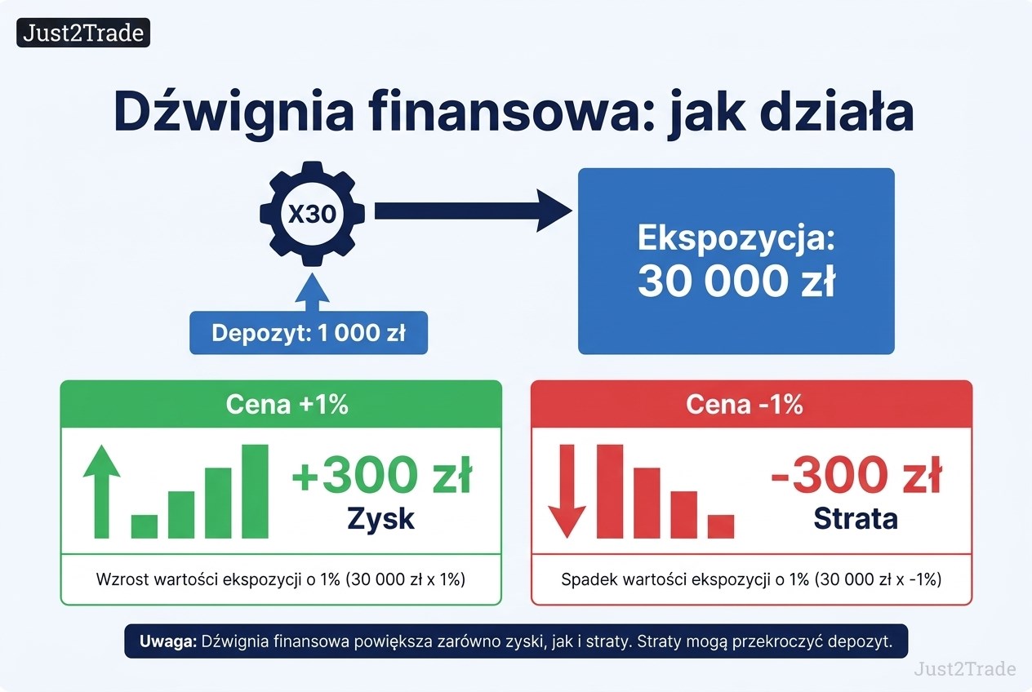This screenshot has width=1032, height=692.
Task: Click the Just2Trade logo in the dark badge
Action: click(x=83, y=33)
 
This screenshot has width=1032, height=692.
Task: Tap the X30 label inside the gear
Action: click(x=312, y=214)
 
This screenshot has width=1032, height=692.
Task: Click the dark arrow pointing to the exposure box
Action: click(x=474, y=211)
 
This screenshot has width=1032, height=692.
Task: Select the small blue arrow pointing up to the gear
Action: click(x=313, y=292)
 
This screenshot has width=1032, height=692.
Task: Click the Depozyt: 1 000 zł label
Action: click(x=309, y=333)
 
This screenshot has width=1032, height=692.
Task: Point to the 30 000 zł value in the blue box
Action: click(x=736, y=282)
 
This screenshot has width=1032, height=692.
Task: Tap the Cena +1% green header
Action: click(x=281, y=404)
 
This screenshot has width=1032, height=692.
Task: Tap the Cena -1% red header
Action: click(x=751, y=404)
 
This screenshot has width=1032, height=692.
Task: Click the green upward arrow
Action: click(x=102, y=491)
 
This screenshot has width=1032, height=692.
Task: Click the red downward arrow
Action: click(x=567, y=491)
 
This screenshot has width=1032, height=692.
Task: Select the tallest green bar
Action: click(x=255, y=491)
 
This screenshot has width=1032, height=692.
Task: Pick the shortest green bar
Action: click(x=145, y=526)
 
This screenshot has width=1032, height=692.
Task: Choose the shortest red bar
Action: click(x=721, y=526)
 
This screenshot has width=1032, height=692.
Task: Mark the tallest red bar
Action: click(x=610, y=491)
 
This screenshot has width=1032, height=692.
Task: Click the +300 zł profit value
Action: click(x=382, y=475)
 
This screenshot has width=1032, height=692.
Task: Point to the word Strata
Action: click(x=856, y=519)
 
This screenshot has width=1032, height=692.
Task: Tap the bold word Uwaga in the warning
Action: click(x=168, y=641)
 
